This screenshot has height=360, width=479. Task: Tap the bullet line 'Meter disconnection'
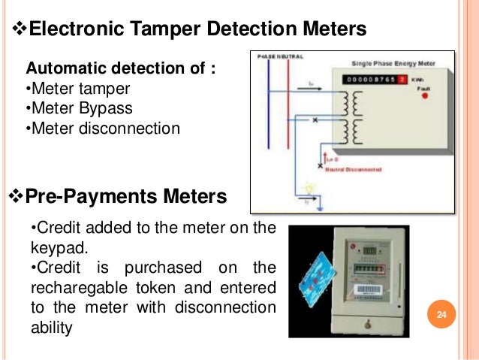tap(103, 128)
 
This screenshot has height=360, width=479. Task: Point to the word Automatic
tap(68, 71)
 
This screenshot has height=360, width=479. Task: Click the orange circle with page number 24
tap(441, 313)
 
